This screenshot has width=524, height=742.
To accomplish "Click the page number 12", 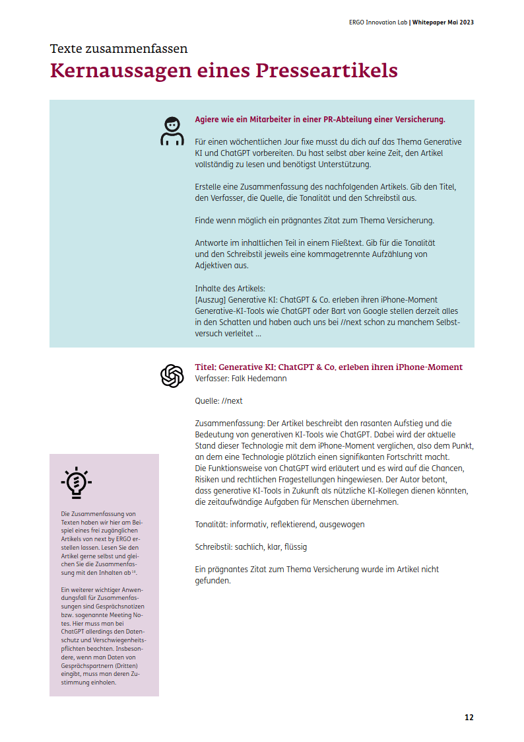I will [x=469, y=717].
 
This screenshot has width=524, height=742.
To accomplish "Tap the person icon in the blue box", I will [x=172, y=131].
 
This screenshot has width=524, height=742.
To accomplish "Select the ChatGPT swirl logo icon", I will [x=172, y=376].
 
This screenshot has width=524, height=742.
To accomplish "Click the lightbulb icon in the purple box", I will [x=76, y=482].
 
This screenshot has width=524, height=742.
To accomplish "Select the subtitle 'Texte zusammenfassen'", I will [x=119, y=48].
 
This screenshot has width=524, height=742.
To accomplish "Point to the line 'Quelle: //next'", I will [x=218, y=401].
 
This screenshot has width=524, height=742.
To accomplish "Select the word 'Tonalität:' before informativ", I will [x=211, y=524].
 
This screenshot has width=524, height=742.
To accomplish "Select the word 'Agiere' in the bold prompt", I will [x=209, y=120].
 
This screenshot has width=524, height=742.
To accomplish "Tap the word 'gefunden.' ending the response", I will [x=213, y=581].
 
